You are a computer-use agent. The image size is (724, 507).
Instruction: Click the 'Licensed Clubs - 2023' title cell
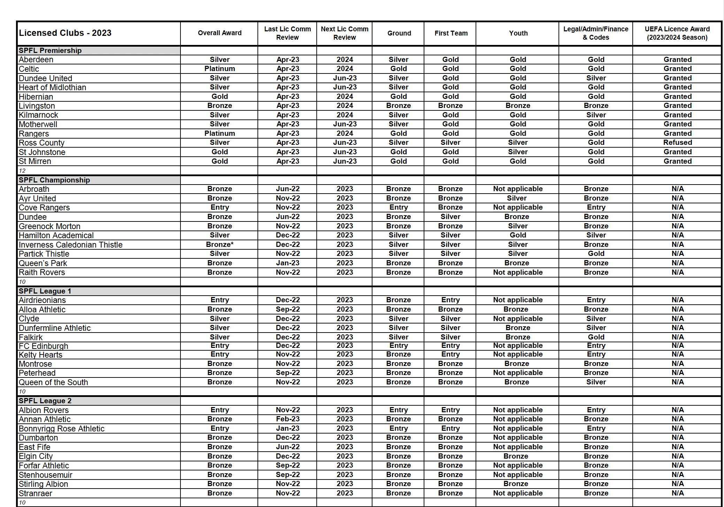65,33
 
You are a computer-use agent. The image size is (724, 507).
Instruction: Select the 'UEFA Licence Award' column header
677,33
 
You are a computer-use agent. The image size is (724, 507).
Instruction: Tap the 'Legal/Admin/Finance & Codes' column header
596,33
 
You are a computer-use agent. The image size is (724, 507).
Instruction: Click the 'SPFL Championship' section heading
54,180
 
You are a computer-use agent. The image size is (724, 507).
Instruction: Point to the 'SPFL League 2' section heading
45,401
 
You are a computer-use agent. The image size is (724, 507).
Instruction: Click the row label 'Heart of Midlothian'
52,87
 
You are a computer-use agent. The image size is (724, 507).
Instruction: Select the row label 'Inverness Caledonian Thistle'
71,245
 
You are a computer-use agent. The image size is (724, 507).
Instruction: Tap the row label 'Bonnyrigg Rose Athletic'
62,429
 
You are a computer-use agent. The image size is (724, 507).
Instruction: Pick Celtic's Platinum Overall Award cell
219,69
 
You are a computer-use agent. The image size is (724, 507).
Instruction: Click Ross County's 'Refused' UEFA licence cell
677,143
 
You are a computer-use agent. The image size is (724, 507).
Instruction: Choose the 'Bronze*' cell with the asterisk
219,245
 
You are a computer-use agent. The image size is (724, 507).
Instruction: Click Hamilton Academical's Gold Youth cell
518,235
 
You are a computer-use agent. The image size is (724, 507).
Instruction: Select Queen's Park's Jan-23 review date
287,263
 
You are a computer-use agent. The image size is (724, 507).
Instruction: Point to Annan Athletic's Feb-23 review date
287,419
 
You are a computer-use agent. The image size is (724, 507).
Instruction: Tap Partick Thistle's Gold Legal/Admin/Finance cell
596,254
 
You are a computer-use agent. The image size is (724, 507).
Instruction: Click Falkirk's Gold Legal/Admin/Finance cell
596,337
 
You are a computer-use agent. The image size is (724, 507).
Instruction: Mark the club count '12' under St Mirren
22,171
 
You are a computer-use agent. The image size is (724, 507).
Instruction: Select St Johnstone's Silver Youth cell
518,152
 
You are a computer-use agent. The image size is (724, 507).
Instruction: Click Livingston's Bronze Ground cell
398,106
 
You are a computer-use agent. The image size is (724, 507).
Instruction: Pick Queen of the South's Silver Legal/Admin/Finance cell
596,382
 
